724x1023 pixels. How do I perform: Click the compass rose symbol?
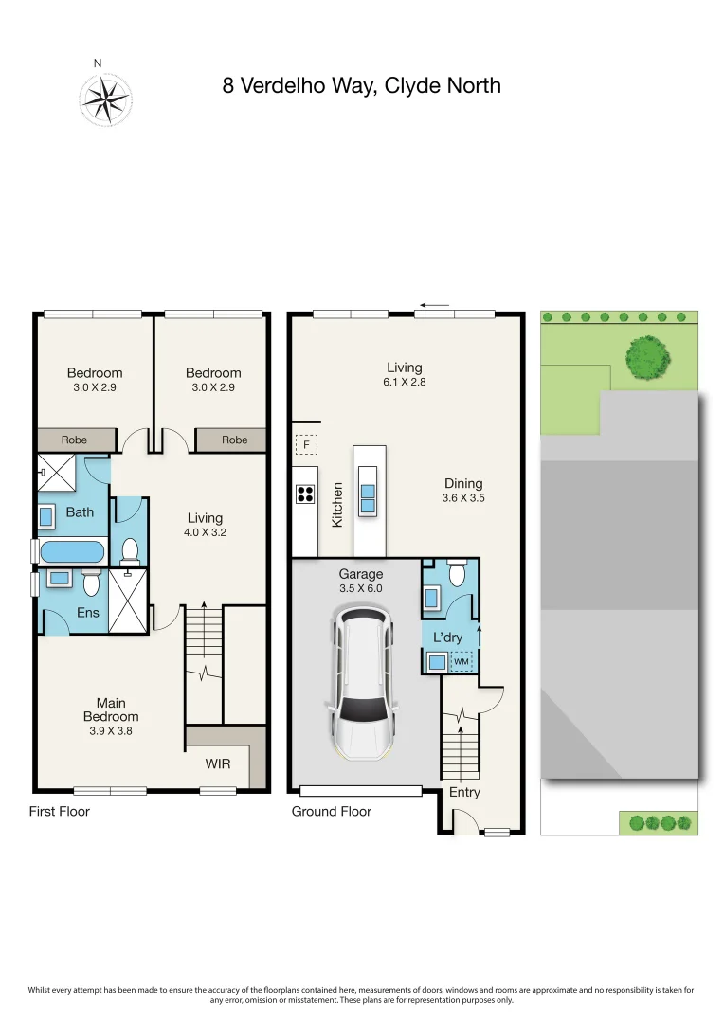click(x=105, y=99)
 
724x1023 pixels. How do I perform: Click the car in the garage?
click(x=361, y=683)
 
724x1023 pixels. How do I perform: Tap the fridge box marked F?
click(x=306, y=445)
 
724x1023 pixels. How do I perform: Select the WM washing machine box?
click(x=462, y=661)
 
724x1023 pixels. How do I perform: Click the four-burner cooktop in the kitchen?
click(x=305, y=494)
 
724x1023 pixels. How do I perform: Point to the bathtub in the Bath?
click(x=72, y=552)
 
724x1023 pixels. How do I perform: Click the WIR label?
click(x=217, y=763)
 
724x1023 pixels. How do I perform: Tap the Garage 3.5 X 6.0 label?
click(x=360, y=581)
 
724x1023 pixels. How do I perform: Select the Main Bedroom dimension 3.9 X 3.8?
click(x=111, y=731)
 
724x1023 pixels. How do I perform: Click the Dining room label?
click(x=463, y=483)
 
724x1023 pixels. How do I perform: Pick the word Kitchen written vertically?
click(x=337, y=504)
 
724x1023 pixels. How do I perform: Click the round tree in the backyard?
click(x=647, y=357)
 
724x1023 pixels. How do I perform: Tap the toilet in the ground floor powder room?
click(x=456, y=574)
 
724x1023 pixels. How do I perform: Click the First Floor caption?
click(x=60, y=811)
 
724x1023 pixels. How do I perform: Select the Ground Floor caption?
click(x=331, y=811)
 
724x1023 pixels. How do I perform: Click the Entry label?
click(x=464, y=792)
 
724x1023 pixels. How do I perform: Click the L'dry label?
click(x=447, y=637)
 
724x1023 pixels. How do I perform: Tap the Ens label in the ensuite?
click(x=88, y=612)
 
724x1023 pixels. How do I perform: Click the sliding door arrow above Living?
click(x=435, y=305)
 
